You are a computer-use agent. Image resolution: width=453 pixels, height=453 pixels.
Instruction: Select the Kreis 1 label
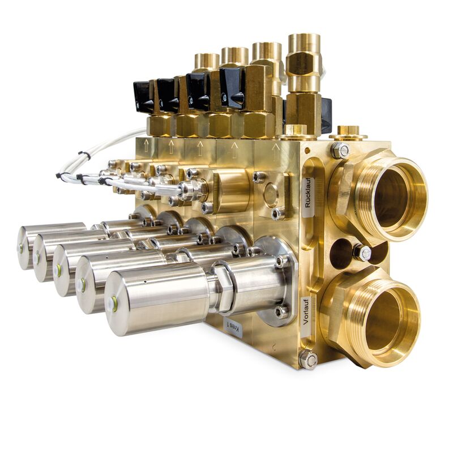click(x=234, y=327)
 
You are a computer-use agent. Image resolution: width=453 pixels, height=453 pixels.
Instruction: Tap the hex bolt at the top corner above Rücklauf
click(x=340, y=150)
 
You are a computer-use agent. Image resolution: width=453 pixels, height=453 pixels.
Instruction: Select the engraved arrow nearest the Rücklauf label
click(x=276, y=151)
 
